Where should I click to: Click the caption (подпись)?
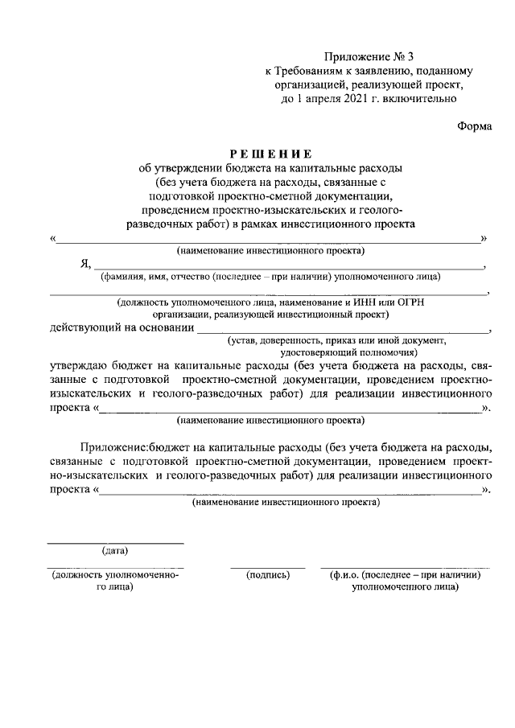pos(267,576)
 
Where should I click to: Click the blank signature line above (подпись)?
pos(267,567)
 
